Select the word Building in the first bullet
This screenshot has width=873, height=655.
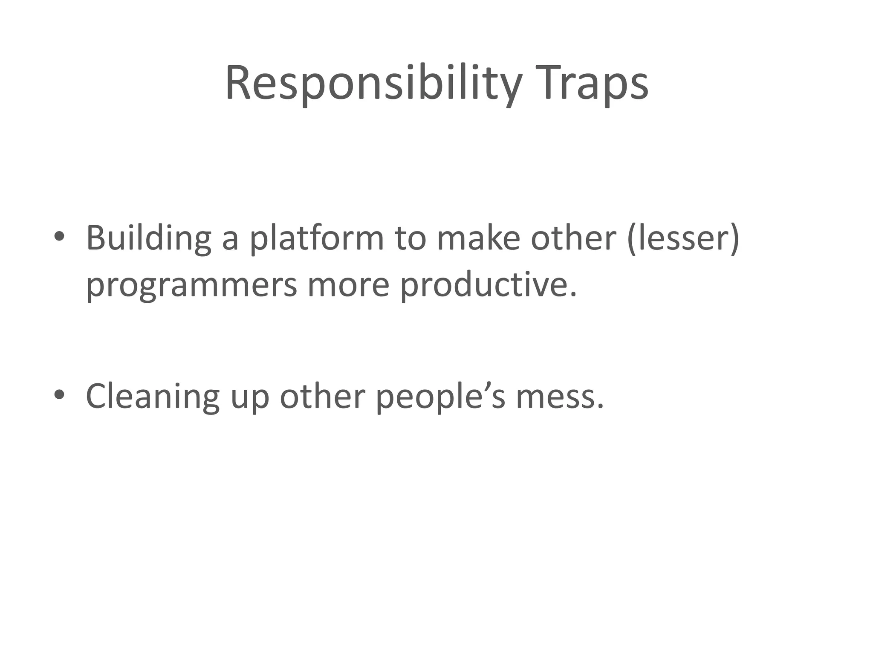148,238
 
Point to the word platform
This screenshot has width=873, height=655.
316,238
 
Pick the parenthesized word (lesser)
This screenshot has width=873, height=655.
683,238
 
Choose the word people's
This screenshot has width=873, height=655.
440,397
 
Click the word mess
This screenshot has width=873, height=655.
560,397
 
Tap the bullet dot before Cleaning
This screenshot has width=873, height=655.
59,394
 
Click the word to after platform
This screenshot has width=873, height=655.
410,238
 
